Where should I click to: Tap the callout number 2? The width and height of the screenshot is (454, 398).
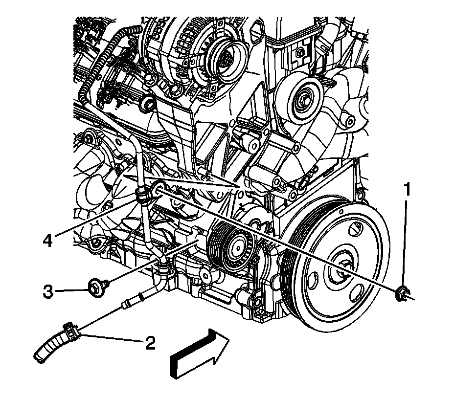150,343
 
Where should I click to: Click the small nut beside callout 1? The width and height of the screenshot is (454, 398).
403,293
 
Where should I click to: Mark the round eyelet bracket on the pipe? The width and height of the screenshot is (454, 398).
158,188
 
